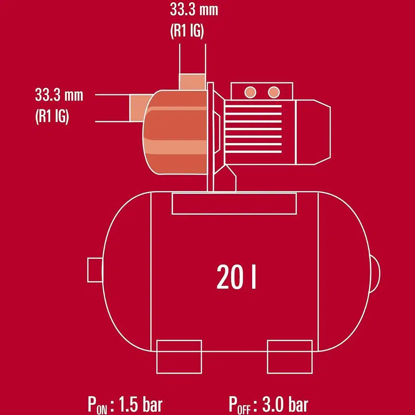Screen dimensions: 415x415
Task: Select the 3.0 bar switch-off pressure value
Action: pos(286,404)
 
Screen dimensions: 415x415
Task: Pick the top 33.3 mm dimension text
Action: pos(193,10)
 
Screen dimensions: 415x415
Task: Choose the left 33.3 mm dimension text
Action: pos(59,96)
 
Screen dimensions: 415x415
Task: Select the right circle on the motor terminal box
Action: pos(274,92)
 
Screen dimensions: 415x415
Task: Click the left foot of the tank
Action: pos(179,356)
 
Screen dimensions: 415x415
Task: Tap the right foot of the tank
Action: pos(289,356)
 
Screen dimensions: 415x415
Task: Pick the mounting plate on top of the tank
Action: pos(234,203)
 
